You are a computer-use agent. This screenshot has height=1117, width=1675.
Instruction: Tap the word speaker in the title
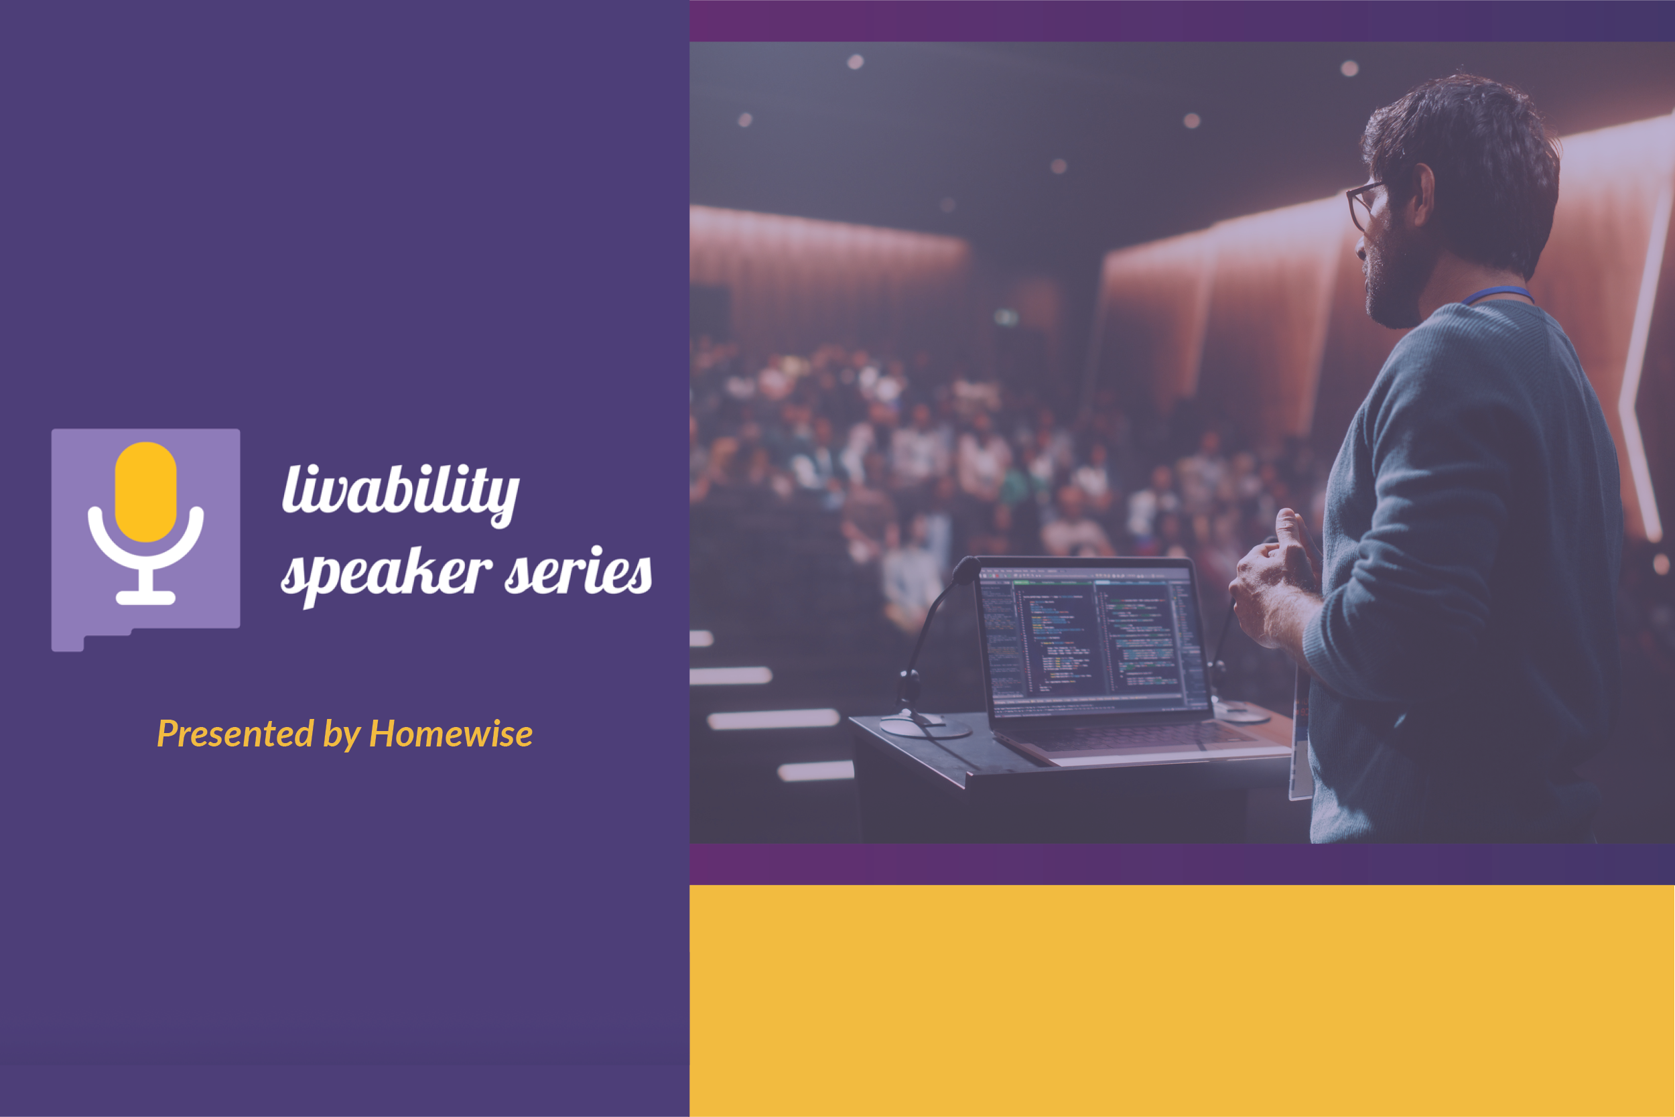pyautogui.click(x=386, y=574)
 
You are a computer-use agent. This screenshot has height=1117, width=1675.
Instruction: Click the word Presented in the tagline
pyautogui.click(x=235, y=734)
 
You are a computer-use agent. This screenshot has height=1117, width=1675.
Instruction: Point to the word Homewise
pyautogui.click(x=451, y=734)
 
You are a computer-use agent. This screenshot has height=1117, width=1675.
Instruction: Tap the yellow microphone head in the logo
pyautogui.click(x=146, y=492)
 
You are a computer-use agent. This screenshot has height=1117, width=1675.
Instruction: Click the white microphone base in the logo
pyautogui.click(x=146, y=597)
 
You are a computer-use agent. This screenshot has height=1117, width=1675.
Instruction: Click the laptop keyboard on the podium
pyautogui.click(x=1140, y=737)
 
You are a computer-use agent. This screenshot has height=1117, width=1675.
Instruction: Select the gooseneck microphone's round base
pyautogui.click(x=925, y=726)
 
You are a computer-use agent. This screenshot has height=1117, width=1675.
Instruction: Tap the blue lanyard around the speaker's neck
pyautogui.click(x=1495, y=293)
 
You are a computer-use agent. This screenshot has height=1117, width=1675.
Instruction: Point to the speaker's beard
pyautogui.click(x=1389, y=285)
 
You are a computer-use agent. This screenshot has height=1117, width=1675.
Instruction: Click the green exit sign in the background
pyautogui.click(x=1006, y=317)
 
